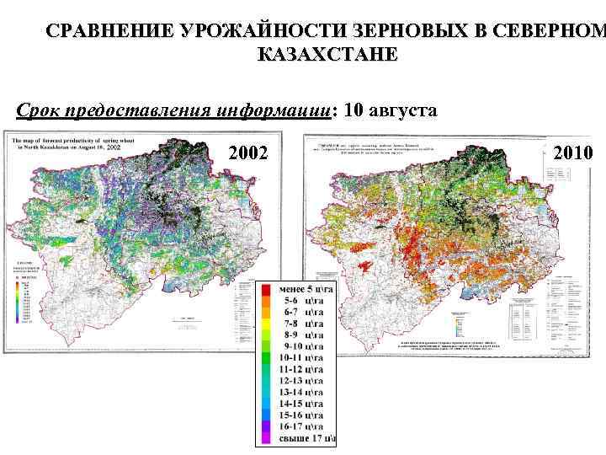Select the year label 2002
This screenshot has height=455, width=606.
248,153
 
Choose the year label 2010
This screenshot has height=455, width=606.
574,153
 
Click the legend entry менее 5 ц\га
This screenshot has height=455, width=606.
307,291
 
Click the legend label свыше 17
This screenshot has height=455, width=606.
307,438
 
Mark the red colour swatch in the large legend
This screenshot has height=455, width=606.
263,291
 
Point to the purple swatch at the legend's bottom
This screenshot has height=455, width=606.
263,438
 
